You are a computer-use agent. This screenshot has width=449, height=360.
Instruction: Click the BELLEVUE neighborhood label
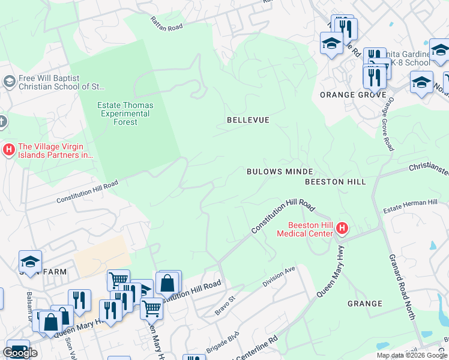point(248,120)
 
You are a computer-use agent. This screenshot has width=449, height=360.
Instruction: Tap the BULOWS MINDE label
point(280,172)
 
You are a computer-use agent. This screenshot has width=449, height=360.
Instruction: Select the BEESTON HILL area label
point(335,181)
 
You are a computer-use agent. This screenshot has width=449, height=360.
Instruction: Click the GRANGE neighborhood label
point(364,304)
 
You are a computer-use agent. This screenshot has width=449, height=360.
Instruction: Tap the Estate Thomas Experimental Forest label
point(125,113)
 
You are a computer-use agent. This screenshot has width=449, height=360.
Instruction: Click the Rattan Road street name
point(166,22)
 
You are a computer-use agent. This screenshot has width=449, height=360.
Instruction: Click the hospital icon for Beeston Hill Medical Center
point(342,228)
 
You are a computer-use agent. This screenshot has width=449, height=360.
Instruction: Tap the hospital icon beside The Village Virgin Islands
point(9,149)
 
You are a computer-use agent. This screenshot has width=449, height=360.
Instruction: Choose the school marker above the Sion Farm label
point(29,261)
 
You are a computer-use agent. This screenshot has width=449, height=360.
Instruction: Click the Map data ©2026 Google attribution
point(412,355)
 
